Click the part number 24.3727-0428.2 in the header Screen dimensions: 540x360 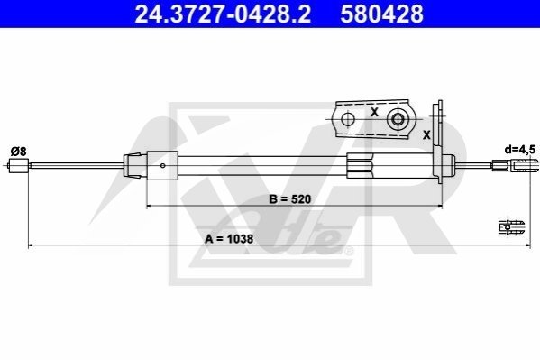(223, 14)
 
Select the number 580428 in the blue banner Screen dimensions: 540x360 (381, 14)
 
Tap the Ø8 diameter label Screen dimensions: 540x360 (18, 152)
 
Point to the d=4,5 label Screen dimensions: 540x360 (519, 150)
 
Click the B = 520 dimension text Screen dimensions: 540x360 (289, 199)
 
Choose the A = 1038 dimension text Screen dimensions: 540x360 (229, 238)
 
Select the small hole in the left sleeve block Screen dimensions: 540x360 (162, 165)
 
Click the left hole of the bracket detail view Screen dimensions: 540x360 (348, 119)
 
